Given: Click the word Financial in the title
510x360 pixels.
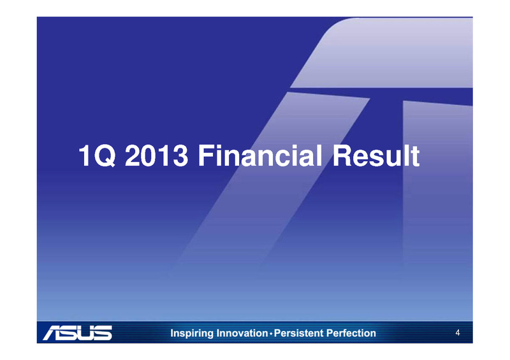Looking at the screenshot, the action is (260, 155).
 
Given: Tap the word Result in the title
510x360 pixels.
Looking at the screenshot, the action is (376, 155).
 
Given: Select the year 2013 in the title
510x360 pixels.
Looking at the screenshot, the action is (156, 156).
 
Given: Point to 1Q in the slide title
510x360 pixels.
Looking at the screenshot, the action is (97, 156).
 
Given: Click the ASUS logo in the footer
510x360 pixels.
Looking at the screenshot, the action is (77, 333).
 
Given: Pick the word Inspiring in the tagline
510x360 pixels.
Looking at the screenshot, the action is (192, 334).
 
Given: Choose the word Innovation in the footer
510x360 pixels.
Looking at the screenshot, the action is (242, 333).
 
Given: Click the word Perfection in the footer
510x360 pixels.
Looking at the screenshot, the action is (351, 333).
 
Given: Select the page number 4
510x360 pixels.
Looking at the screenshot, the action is (458, 333).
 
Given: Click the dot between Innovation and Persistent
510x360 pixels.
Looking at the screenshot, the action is (271, 334).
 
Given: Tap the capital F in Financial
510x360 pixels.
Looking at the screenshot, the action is (205, 155).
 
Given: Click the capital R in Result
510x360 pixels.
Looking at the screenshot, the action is (342, 155).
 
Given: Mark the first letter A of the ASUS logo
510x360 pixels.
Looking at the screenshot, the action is (54, 333).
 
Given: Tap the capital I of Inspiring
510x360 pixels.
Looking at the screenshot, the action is (172, 333).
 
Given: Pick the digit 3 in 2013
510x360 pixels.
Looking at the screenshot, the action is (180, 156).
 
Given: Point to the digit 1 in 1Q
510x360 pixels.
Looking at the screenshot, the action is (85, 155).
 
